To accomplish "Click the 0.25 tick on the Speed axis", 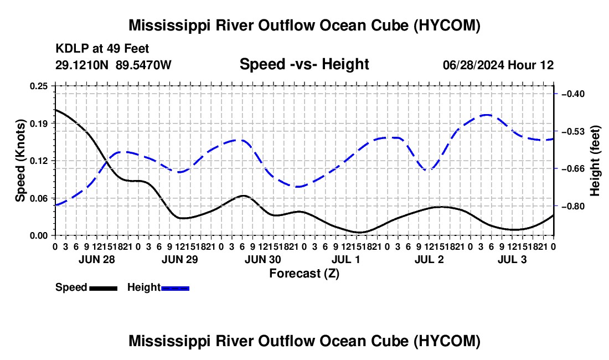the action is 38,86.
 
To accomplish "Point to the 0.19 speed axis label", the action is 38,124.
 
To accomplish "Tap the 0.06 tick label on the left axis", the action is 38,198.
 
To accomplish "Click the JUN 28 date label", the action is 97,259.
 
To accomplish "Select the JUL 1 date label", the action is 345,259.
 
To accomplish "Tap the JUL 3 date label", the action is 512,259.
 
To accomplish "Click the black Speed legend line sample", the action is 104,289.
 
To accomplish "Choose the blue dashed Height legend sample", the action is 175,289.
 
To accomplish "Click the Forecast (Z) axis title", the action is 304,274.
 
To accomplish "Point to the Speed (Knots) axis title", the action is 20,161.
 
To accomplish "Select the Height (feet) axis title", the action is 595,161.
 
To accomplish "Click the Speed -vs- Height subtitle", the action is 304,64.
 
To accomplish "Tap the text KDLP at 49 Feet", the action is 102,49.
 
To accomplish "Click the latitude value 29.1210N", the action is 82,65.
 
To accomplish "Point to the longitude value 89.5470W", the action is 144,65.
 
